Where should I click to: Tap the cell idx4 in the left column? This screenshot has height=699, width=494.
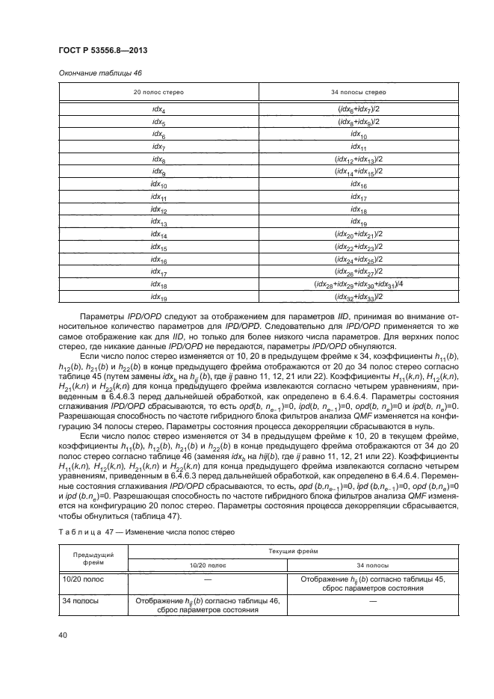[158, 108]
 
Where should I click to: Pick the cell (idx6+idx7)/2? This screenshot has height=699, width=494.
[358, 108]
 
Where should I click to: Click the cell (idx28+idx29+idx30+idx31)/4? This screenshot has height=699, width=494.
[358, 284]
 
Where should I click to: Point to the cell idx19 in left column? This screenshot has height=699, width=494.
[158, 297]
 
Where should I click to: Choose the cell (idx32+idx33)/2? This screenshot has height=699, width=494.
[358, 297]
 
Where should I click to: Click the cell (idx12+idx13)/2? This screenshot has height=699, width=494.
[358, 158]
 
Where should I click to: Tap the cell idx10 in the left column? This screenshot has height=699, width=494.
[158, 184]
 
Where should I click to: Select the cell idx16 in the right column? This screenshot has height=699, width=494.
[358, 184]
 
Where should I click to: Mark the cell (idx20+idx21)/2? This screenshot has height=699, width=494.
[358, 234]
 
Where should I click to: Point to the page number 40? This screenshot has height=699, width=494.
[63, 635]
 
